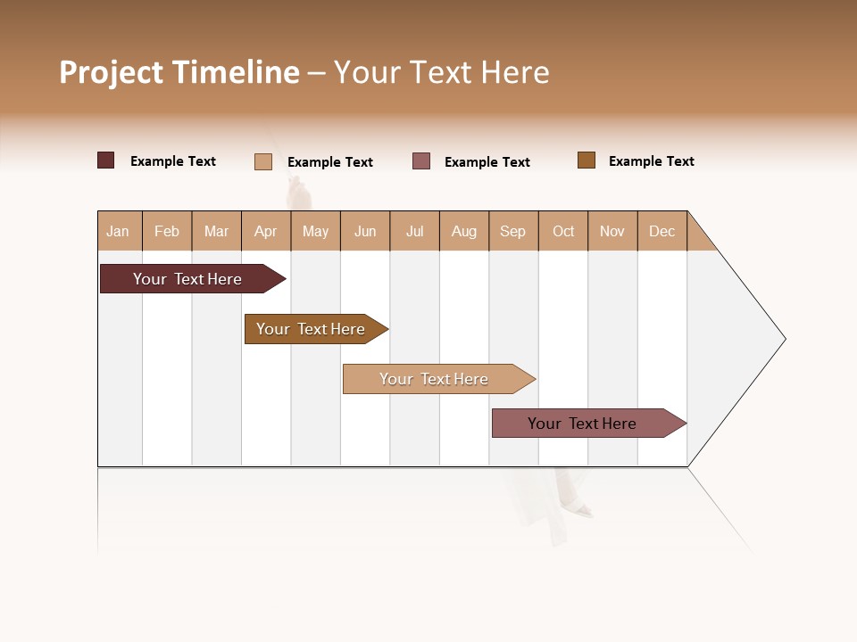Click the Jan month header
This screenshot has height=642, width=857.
[x=119, y=231]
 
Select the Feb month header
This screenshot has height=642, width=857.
[x=167, y=231]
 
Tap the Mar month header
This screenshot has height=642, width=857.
[x=216, y=231]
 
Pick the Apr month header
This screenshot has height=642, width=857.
[x=266, y=231]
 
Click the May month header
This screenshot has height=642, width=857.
[x=315, y=231]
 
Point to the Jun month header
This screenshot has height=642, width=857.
[x=365, y=231]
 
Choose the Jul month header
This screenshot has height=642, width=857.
[x=414, y=231]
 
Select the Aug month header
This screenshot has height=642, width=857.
[x=464, y=231]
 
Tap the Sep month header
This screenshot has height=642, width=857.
[x=513, y=231]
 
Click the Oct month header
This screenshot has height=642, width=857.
[x=563, y=231]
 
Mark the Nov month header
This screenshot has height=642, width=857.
[x=612, y=231]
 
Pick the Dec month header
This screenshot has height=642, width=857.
[x=662, y=231]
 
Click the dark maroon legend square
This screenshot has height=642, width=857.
[x=106, y=160]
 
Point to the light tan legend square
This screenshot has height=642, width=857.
[x=263, y=161]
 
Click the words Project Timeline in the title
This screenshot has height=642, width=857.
[x=179, y=72]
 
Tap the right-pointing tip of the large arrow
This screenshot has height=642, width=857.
[x=782, y=339]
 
